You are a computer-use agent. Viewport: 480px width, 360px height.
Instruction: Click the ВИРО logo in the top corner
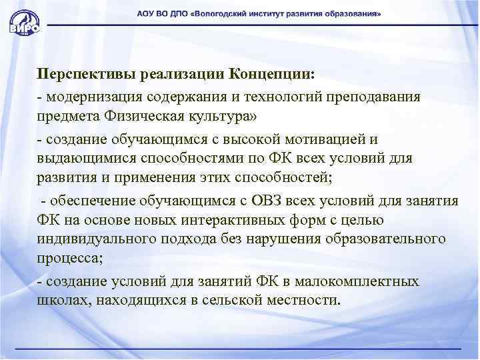25,21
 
